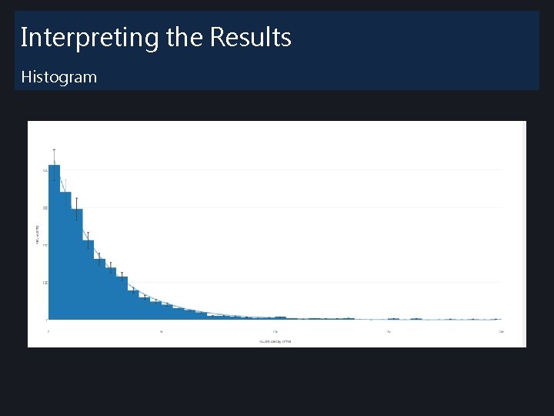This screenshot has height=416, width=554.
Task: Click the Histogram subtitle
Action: (x=58, y=77)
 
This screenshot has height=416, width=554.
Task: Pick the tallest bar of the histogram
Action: (x=54, y=243)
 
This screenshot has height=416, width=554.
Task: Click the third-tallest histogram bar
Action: (x=77, y=264)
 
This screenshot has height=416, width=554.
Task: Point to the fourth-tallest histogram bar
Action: (x=88, y=280)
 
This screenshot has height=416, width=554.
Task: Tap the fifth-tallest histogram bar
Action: (x=99, y=289)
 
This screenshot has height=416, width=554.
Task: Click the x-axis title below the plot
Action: (x=275, y=341)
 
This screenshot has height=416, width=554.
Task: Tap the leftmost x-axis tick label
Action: (x=48, y=331)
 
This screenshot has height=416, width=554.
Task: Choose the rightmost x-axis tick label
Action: (x=501, y=331)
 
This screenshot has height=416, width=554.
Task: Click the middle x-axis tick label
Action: (x=275, y=331)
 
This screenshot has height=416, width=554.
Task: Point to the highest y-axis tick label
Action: (x=45, y=169)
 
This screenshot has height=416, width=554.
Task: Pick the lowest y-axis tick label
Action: (x=46, y=320)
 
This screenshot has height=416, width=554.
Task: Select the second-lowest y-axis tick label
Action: (x=45, y=283)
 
